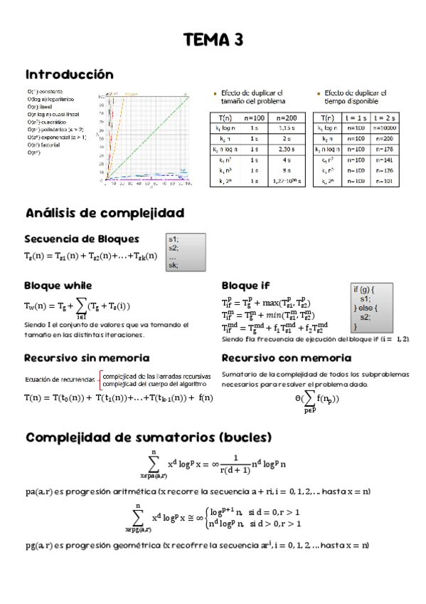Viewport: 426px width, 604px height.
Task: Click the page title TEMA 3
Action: click(213, 41)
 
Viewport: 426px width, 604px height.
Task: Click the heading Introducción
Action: click(69, 74)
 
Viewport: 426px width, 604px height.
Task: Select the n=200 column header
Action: click(286, 117)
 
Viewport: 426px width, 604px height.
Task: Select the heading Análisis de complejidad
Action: click(105, 213)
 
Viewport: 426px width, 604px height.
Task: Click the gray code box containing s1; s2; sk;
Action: click(186, 252)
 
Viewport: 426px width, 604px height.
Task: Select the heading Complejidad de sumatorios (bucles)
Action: click(149, 436)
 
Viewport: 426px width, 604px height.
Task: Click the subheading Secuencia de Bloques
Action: click(82, 239)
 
